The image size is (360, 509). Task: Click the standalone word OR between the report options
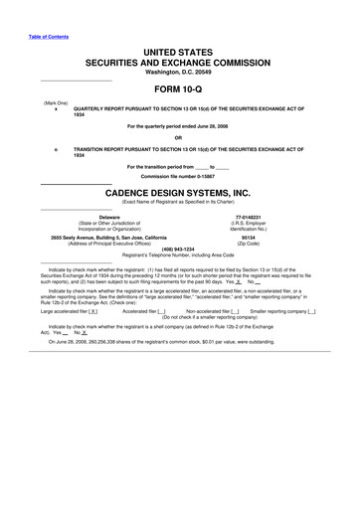point(179,137)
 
